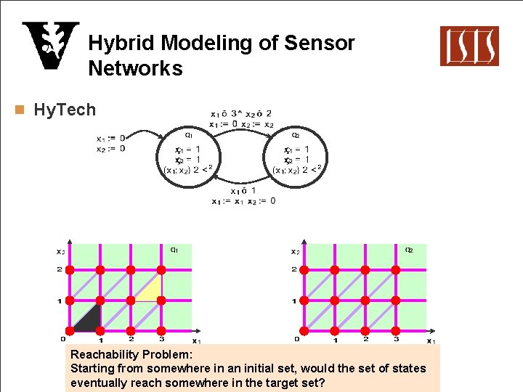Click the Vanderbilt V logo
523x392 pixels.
pyautogui.click(x=50, y=46)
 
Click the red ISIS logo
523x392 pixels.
pyautogui.click(x=469, y=46)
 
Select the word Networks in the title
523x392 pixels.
pyautogui.click(x=135, y=68)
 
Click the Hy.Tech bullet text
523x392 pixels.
pyautogui.click(x=65, y=110)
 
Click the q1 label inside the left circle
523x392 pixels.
pyautogui.click(x=188, y=134)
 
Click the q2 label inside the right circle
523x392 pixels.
pyautogui.click(x=296, y=134)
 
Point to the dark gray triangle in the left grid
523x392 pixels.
pyautogui.click(x=89, y=319)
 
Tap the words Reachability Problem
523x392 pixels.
pyautogui.click(x=131, y=355)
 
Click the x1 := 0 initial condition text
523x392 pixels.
pyautogui.click(x=110, y=138)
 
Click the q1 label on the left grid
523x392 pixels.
pyautogui.click(x=175, y=250)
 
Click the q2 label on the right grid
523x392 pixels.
pyautogui.click(x=409, y=250)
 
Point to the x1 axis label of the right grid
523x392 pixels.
pyautogui.click(x=431, y=340)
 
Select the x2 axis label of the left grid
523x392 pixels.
pyautogui.click(x=60, y=251)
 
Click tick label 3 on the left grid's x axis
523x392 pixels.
pyautogui.click(x=161, y=339)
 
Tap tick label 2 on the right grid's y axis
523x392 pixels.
pyautogui.click(x=294, y=269)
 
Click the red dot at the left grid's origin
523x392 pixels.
pyautogui.click(x=70, y=331)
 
